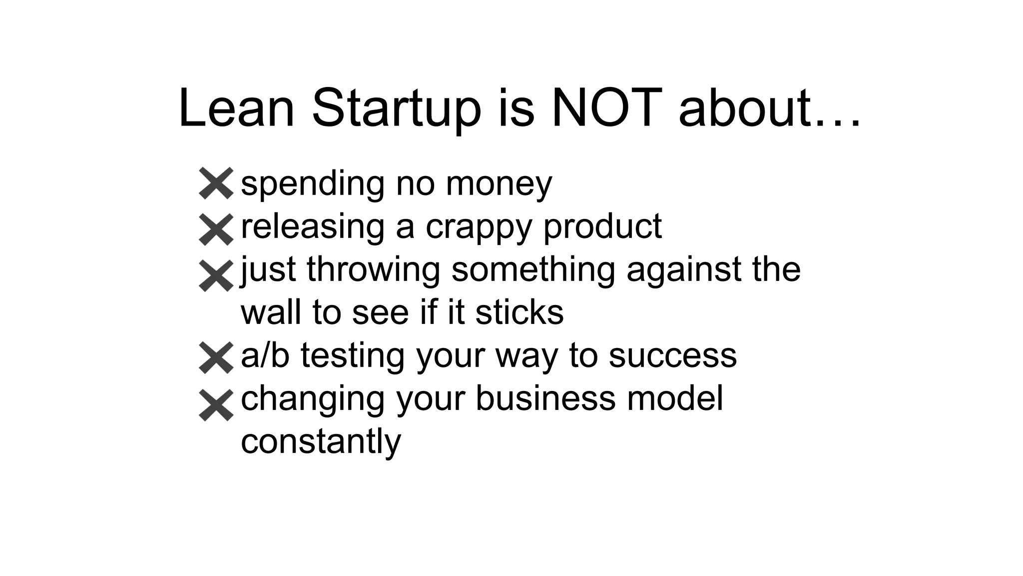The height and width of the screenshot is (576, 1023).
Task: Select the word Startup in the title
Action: point(396,108)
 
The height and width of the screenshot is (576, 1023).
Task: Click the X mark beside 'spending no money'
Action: point(216,183)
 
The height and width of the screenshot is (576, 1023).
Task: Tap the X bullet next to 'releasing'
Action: point(216,229)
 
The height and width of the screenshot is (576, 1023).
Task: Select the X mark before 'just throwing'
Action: point(216,275)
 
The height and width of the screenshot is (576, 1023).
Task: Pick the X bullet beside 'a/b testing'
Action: point(216,358)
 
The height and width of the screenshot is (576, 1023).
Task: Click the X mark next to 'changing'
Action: point(216,405)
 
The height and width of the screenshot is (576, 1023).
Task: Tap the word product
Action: point(602,227)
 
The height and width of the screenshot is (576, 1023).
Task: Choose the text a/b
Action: point(265,355)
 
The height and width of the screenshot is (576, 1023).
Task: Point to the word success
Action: point(672,355)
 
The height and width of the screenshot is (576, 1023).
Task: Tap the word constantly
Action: point(321,441)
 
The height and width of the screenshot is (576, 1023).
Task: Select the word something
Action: point(533,270)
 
